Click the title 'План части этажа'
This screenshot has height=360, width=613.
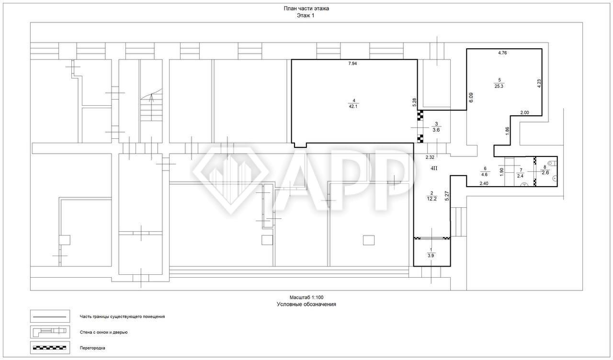(x=306, y=9)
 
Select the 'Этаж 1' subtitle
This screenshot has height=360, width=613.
(x=306, y=16)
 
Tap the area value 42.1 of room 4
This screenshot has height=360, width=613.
(x=353, y=106)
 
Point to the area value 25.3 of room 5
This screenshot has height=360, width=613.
(x=499, y=86)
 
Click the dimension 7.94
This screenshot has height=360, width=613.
(x=352, y=64)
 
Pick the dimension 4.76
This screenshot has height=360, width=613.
(x=502, y=53)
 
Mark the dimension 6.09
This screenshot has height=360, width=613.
(x=471, y=97)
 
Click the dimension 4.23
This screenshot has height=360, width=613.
(x=539, y=83)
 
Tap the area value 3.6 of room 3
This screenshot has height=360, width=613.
(x=436, y=130)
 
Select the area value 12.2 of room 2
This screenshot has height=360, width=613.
(x=432, y=199)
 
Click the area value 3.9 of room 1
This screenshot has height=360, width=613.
(x=431, y=256)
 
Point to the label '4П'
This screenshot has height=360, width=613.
(x=434, y=168)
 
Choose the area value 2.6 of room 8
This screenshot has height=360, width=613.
(x=545, y=173)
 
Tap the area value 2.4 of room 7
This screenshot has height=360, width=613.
(x=520, y=176)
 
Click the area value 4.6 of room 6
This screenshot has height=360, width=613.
(x=484, y=174)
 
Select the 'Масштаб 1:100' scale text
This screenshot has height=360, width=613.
(x=306, y=297)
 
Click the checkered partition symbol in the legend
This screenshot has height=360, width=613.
(x=49, y=348)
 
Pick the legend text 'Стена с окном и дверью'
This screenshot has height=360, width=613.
(x=104, y=332)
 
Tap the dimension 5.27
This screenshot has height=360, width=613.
(x=447, y=196)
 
